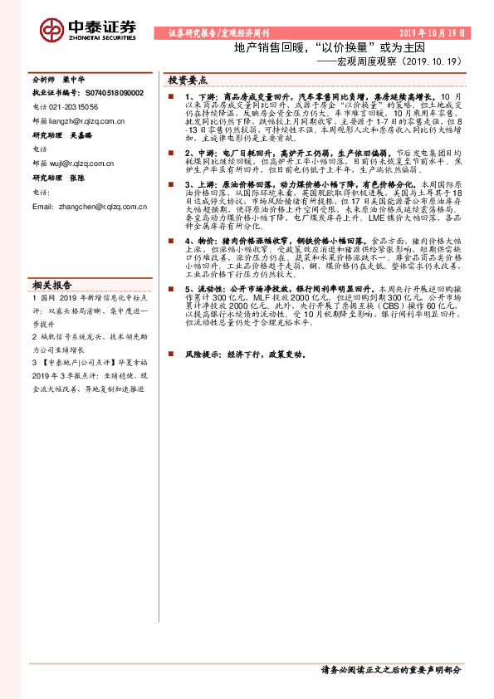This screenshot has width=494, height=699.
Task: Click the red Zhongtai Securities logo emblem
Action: coord(51,31)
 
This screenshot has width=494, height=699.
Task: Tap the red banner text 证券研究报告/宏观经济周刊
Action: coord(213,33)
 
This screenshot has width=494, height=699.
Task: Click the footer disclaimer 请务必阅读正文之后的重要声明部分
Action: coord(389,669)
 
